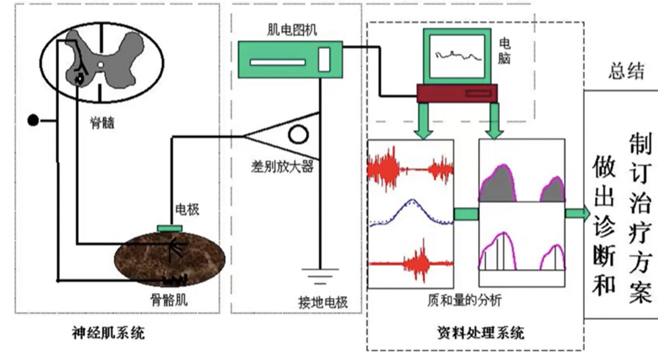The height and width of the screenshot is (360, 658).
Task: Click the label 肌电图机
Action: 292,30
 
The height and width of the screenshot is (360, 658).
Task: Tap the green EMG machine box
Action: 290,60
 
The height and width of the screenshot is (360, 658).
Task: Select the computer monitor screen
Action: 457,56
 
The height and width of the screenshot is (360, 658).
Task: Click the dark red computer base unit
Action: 457,93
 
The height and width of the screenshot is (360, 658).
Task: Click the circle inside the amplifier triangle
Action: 299,134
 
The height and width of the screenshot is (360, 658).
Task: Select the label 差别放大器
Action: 282,166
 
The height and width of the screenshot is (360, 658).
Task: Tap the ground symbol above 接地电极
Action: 320,275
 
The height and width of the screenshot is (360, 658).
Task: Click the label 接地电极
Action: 322,302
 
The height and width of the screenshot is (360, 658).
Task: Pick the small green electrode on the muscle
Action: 170,228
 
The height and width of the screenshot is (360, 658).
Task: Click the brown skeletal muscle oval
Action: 170,259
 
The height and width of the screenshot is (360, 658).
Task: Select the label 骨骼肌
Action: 170,300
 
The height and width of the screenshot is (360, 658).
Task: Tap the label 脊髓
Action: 102,123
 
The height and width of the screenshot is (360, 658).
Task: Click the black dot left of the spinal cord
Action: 34,121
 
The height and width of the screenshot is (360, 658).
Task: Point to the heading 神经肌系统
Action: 108,333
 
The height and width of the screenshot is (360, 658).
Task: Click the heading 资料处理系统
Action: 481,332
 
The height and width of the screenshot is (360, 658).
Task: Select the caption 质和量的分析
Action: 465,300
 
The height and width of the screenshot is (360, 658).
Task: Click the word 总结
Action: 626,70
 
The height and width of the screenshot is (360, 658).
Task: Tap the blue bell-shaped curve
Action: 411,213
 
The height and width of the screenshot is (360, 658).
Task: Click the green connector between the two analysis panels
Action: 467,214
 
